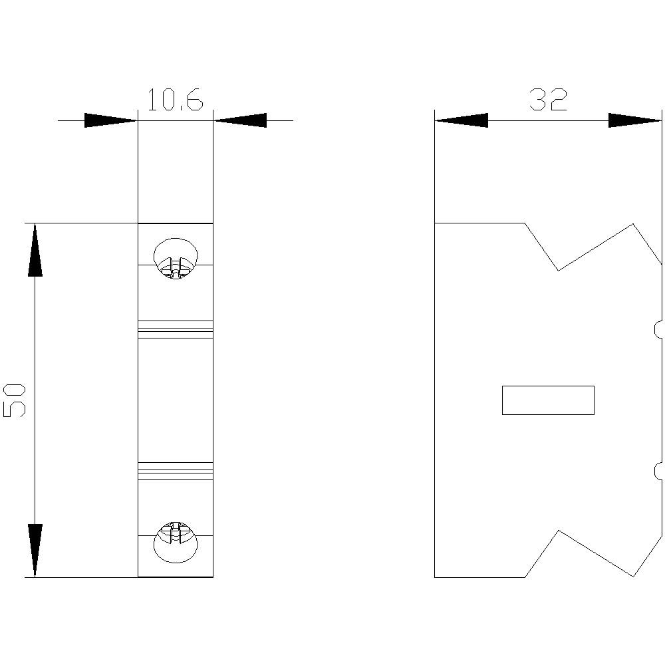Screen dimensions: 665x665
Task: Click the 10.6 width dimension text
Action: pyautogui.click(x=174, y=100)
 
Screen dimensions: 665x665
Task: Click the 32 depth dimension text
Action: pyautogui.click(x=548, y=100)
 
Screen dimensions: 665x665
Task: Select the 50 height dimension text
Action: pyautogui.click(x=15, y=400)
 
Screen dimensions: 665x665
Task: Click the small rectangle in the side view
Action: pyautogui.click(x=547, y=400)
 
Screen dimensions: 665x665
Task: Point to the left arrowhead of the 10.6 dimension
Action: pyautogui.click(x=110, y=120)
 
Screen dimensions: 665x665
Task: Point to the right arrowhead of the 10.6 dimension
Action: pyautogui.click(x=240, y=120)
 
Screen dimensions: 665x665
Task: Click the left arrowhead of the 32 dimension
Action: pyautogui.click(x=461, y=120)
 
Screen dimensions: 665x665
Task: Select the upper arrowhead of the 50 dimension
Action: pyautogui.click(x=35, y=249)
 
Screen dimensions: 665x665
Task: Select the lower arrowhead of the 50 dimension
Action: pyautogui.click(x=35, y=551)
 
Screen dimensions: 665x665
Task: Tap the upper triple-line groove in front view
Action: pyautogui.click(x=176, y=329)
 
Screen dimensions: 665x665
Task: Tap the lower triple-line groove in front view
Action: pyautogui.click(x=176, y=470)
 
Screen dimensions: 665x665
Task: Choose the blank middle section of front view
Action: pyautogui.click(x=176, y=400)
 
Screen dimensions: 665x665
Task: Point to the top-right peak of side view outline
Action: pyautogui.click(x=632, y=225)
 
